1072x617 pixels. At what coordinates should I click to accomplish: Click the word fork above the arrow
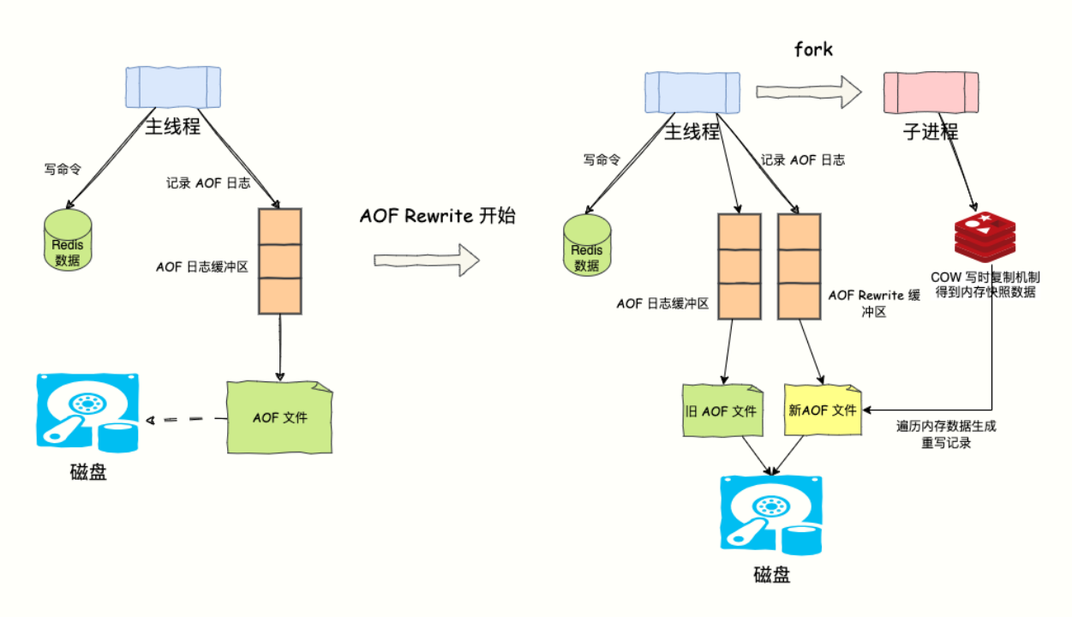[x=813, y=50]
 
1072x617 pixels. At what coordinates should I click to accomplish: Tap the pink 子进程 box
[x=931, y=92]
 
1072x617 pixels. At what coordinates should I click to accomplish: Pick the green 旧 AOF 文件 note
[x=721, y=410]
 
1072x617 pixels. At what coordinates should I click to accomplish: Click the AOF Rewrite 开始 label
[x=437, y=216]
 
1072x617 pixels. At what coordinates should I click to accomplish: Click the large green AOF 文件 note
[x=279, y=417]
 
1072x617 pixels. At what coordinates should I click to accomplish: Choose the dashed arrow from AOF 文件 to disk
[x=185, y=420]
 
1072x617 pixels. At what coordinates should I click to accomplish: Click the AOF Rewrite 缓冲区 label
[x=874, y=303]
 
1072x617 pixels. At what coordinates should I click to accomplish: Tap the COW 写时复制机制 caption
[x=985, y=285]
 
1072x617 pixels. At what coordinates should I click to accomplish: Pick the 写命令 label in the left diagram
[x=62, y=170]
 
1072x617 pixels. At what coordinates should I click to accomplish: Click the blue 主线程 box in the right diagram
[x=692, y=93]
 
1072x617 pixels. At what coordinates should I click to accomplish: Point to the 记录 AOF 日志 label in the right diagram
[x=803, y=159]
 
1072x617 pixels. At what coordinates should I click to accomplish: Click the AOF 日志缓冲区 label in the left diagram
[x=202, y=267]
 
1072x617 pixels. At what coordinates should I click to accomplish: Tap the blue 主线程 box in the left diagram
[x=172, y=87]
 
